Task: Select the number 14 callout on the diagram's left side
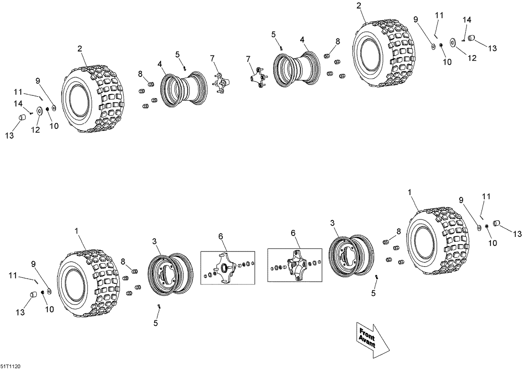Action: point(18,103)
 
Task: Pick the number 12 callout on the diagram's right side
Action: point(472,58)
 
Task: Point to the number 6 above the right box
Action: point(293,233)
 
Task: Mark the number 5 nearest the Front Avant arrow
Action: point(373,293)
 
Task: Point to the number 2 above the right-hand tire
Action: point(359,5)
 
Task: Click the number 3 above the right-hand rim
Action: point(332,223)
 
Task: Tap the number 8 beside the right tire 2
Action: point(338,41)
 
